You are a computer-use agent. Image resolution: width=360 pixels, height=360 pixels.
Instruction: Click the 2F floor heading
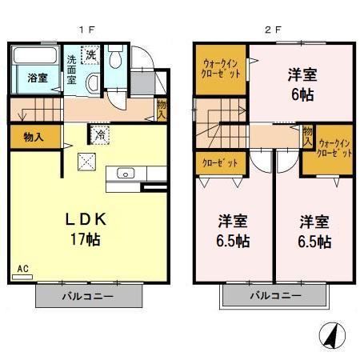coord(272,30)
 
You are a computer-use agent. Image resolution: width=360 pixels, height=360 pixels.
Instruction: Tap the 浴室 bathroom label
coord(38,78)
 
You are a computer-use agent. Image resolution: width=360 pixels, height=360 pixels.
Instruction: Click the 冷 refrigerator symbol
coord(101,134)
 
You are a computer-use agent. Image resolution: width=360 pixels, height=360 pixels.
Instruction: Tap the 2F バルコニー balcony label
coord(274,296)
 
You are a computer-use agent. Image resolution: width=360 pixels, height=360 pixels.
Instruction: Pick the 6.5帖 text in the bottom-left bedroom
coord(232,240)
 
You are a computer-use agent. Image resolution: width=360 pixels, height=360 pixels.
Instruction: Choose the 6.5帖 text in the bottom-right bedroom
coord(315,240)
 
